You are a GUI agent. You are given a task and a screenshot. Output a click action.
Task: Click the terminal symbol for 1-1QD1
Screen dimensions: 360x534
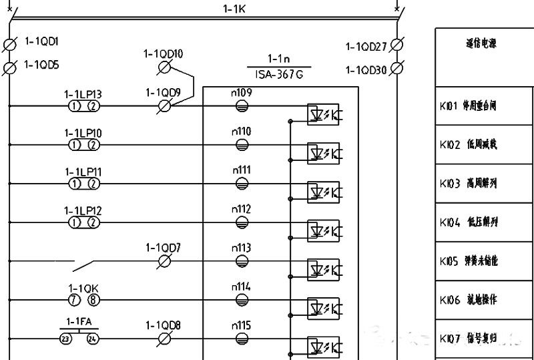10,45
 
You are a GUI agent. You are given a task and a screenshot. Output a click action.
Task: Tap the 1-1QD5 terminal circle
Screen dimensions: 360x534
10,67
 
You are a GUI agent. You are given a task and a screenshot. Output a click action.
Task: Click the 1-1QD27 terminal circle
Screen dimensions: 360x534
396,45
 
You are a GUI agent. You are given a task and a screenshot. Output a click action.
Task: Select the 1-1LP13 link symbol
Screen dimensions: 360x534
83,106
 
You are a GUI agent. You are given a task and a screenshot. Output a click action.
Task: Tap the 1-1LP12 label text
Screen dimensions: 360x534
83,210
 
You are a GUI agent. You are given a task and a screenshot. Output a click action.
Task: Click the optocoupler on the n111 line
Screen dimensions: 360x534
323,192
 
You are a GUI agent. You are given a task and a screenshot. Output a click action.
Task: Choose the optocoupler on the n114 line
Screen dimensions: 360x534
323,308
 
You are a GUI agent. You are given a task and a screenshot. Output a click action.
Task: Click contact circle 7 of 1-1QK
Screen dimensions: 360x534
73,300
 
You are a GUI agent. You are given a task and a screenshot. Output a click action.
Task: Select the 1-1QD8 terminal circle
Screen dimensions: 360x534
164,339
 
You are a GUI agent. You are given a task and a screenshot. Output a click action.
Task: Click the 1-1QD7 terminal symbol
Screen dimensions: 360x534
164,261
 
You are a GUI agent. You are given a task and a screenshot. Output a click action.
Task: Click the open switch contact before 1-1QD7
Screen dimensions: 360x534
86,265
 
